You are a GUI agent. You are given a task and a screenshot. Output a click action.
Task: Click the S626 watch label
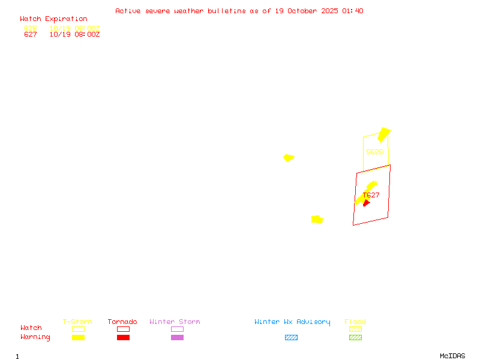tap(374, 152)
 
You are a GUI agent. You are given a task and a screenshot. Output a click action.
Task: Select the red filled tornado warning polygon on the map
tap(366, 203)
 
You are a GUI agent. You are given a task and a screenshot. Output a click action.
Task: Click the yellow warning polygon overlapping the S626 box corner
tap(383, 134)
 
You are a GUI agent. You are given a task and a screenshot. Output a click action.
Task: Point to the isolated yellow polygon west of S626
tap(289, 158)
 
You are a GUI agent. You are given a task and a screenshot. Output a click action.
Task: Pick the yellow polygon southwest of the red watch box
tap(317, 220)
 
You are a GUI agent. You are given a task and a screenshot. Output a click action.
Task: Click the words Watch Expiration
tap(53, 19)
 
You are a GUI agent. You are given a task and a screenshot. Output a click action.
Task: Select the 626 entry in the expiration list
tap(31, 28)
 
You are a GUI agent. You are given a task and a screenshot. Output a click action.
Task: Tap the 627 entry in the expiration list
tap(31, 35)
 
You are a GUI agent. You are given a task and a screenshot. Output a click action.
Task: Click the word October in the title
tap(306, 11)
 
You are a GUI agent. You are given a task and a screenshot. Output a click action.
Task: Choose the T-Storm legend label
tap(77, 322)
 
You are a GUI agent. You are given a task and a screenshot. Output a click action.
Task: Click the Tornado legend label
tap(122, 322)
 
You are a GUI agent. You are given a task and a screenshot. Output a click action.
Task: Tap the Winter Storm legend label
tap(175, 322)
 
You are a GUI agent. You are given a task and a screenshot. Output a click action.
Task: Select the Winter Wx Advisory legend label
tap(292, 322)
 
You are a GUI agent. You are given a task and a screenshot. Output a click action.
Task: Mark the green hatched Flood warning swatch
tap(355, 337)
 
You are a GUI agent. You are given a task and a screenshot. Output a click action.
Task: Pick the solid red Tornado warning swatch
tap(123, 337)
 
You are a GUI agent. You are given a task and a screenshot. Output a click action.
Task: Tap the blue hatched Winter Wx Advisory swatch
tap(291, 337)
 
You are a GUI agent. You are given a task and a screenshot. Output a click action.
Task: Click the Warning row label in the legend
tap(35, 337)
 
